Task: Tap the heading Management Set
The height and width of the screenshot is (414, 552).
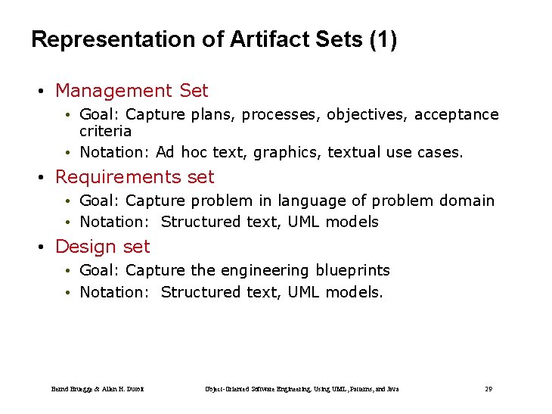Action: point(132,91)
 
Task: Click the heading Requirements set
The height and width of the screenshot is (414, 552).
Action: point(135,177)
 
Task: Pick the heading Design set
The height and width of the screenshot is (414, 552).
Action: point(102,247)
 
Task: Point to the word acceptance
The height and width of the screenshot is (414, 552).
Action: point(456,115)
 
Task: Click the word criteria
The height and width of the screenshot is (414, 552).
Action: point(105,131)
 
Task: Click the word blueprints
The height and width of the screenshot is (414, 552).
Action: point(352,270)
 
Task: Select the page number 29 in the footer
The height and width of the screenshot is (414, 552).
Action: point(488,389)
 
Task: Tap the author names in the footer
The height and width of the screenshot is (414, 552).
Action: point(98,389)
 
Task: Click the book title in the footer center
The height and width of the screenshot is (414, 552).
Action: point(302,389)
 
